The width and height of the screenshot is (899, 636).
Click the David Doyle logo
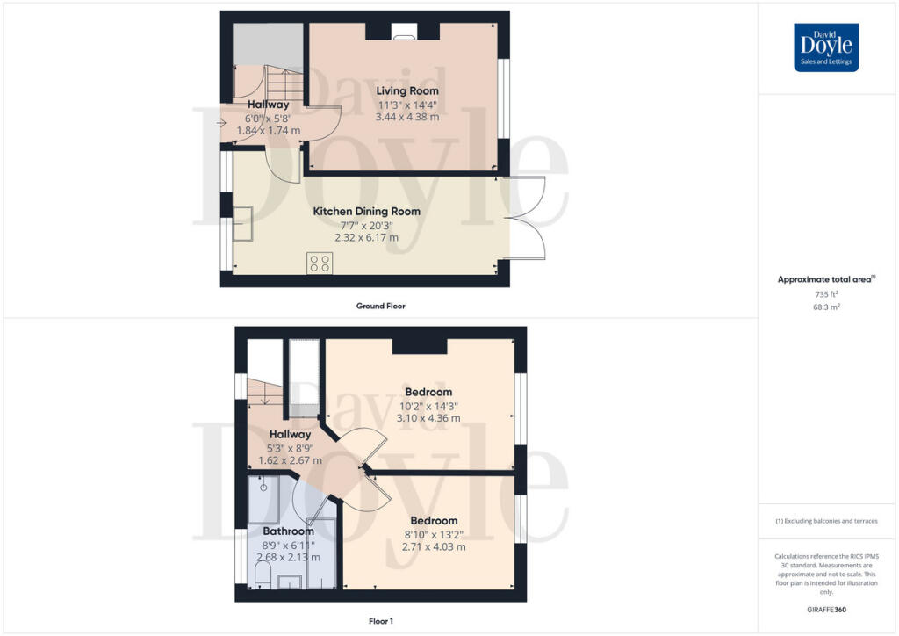tap(826, 47)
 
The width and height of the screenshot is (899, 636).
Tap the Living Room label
tap(407, 90)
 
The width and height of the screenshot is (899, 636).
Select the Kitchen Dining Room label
tap(367, 212)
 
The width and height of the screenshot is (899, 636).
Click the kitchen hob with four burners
tap(320, 264)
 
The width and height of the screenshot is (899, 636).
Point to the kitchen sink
tap(241, 224)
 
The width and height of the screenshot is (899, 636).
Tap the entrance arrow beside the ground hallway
tap(219, 121)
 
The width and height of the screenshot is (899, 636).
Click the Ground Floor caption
tap(381, 307)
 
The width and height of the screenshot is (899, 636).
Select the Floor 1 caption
tap(381, 620)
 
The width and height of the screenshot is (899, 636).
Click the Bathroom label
tap(288, 531)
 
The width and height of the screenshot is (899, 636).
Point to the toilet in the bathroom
tap(262, 576)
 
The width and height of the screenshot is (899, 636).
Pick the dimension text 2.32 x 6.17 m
tap(367, 237)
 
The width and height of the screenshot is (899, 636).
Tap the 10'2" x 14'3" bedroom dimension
tap(428, 406)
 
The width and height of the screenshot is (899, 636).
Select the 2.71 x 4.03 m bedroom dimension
tap(434, 546)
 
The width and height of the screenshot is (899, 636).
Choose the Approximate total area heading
tap(825, 280)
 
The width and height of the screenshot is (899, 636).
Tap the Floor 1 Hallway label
tap(290, 434)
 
